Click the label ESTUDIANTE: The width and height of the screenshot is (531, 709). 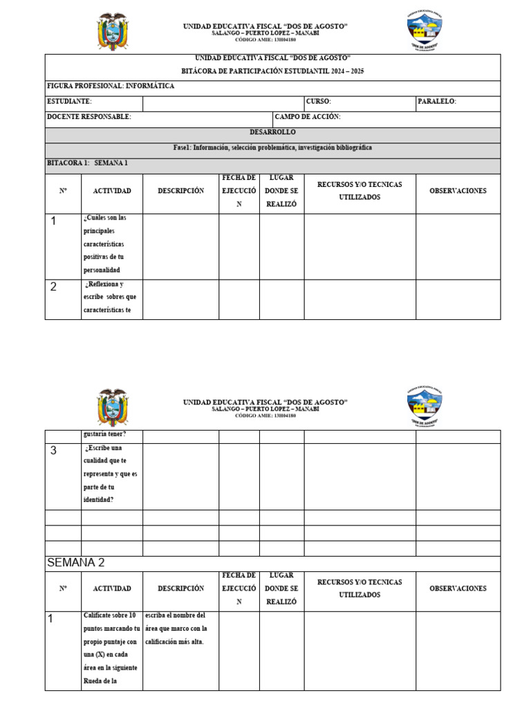click(69, 102)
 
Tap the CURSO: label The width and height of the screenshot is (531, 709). click(318, 102)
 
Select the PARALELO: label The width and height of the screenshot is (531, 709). click(436, 102)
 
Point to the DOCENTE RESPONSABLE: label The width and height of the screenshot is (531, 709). click(88, 118)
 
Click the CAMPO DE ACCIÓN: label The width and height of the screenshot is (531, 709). click(308, 118)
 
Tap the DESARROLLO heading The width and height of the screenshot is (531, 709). click(272, 132)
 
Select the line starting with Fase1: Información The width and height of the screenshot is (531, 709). click(272, 148)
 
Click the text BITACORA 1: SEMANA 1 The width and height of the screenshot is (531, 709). click(87, 164)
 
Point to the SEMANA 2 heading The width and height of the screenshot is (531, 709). click(75, 562)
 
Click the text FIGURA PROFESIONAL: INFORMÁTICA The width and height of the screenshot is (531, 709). click(110, 87)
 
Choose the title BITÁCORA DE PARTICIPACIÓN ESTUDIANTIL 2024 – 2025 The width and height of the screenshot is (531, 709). click(272, 71)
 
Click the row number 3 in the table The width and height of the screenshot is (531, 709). click(53, 451)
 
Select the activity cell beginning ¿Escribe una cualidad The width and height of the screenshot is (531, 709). click(111, 474)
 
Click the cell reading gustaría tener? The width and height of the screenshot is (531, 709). click(104, 436)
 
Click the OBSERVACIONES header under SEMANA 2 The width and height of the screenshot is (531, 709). click(458, 589)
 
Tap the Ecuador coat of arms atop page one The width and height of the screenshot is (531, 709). click(112, 31)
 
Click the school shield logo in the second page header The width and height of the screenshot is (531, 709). click(425, 408)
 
